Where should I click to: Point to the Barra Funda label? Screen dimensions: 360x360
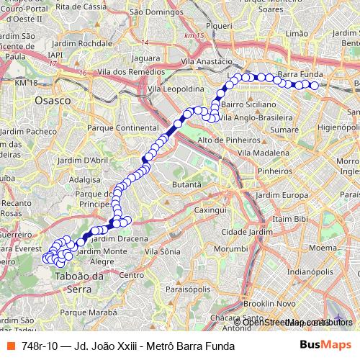[297, 74]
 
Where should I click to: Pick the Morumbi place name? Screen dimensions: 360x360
[235, 248]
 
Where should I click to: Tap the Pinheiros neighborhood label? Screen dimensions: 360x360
[274, 171]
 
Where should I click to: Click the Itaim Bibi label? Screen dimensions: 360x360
[291, 218]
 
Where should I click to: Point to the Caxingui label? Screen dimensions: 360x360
[220, 209]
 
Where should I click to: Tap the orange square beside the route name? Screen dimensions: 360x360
[10, 346]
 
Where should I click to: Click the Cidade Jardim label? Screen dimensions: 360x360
[247, 232]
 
